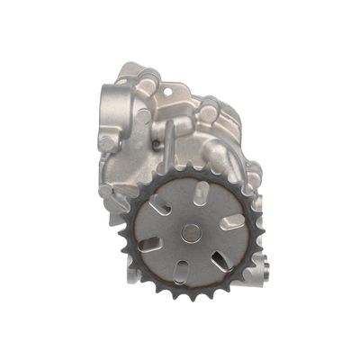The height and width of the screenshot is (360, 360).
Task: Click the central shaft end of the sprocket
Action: click(x=190, y=232)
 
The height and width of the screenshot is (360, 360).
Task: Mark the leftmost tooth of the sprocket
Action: click(x=121, y=236)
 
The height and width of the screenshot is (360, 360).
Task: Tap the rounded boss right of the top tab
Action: click(x=210, y=111)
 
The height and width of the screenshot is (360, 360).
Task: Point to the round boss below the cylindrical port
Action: click(x=109, y=142)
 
